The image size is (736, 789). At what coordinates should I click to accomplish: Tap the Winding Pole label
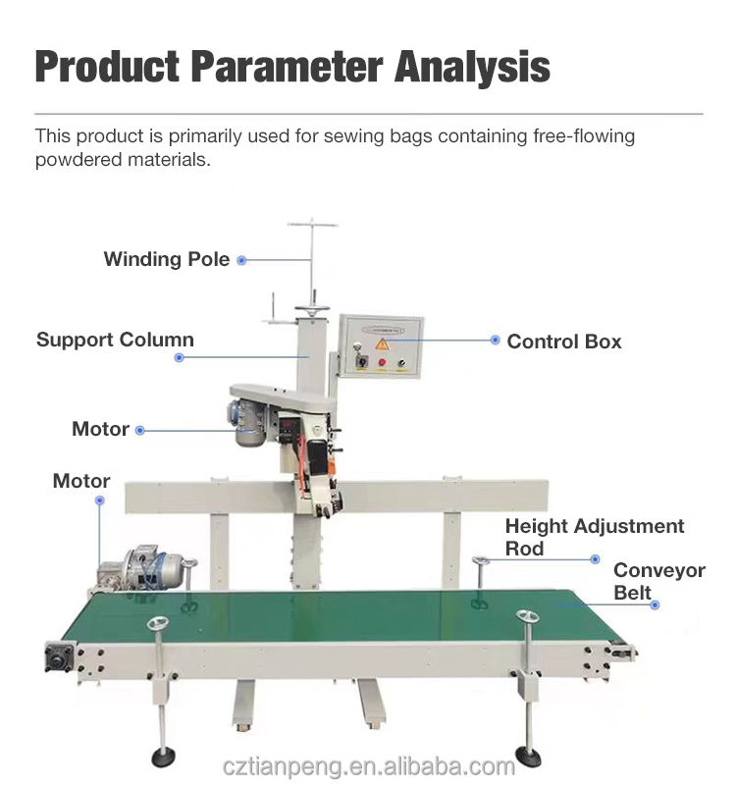[167, 260]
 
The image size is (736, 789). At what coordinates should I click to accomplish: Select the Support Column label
[115, 341]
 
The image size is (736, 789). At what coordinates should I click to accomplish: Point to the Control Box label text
[564, 342]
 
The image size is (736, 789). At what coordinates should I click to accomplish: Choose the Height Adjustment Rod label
[594, 537]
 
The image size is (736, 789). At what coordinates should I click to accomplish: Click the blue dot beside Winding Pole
[241, 260]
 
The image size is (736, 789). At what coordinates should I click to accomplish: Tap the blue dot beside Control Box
[496, 341]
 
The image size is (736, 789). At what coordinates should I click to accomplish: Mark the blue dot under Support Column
[179, 358]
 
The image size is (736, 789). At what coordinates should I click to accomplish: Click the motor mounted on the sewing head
[250, 422]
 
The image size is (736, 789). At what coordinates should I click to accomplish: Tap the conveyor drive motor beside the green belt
[147, 569]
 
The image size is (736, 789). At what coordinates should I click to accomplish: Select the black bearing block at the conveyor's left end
[61, 656]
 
